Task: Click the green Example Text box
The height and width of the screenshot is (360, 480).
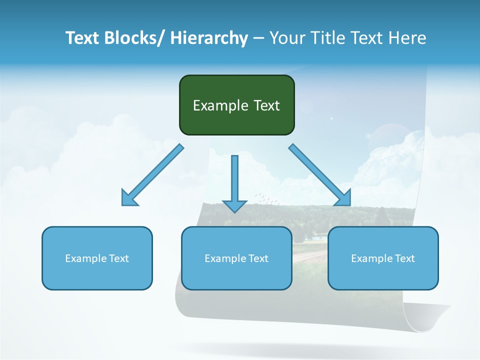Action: (236, 105)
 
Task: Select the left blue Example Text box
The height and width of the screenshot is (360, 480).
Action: (97, 258)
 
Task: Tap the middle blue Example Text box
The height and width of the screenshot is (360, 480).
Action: (236, 258)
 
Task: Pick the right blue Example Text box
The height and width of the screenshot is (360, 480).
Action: (383, 258)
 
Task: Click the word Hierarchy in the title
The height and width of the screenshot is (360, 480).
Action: (208, 38)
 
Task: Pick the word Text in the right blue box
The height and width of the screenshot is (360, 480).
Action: (405, 258)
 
